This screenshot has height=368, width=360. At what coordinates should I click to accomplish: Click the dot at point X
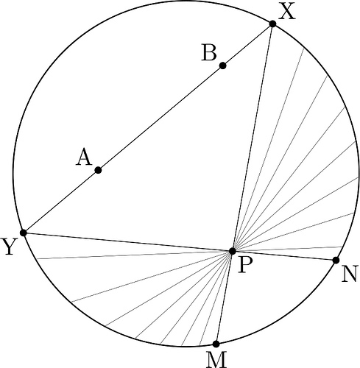(272, 24)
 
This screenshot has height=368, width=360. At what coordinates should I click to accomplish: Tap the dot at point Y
(24, 233)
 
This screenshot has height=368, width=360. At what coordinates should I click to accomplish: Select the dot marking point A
(98, 170)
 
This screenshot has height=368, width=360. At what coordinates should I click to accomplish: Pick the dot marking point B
(222, 66)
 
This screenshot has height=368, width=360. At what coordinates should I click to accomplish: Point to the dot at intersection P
(232, 251)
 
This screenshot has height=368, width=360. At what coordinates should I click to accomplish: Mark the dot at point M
(216, 344)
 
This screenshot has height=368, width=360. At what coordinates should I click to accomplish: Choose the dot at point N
(336, 261)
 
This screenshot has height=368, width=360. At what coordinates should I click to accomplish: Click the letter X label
(286, 12)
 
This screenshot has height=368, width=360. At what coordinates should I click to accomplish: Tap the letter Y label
(9, 247)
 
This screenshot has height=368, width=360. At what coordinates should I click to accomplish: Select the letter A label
(84, 158)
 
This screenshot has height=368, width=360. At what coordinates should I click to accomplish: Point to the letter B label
(209, 52)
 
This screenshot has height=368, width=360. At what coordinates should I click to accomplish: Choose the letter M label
(216, 360)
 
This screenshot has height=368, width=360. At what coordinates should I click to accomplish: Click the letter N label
(349, 275)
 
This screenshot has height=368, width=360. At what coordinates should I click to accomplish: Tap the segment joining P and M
(224, 297)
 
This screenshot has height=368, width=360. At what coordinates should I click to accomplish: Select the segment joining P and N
(284, 255)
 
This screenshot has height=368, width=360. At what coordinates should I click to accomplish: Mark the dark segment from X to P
(253, 138)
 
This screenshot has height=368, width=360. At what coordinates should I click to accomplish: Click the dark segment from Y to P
(127, 241)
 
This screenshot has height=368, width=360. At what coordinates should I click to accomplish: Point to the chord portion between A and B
(160, 118)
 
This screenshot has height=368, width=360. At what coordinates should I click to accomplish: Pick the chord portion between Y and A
(61, 201)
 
